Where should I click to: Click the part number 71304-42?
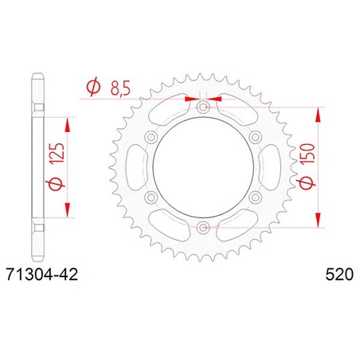pos(42,275)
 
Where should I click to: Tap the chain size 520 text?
pos(339,275)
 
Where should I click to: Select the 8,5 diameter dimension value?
pos(120,88)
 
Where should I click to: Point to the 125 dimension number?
pos(58,153)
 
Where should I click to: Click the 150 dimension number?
pos(308,153)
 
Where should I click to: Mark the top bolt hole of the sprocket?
pos(203,108)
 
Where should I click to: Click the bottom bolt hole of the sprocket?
pos(203,227)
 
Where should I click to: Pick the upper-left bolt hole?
pos(151,137)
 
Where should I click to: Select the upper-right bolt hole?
pos(256,137)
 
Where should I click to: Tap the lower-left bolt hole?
pos(151,198)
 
